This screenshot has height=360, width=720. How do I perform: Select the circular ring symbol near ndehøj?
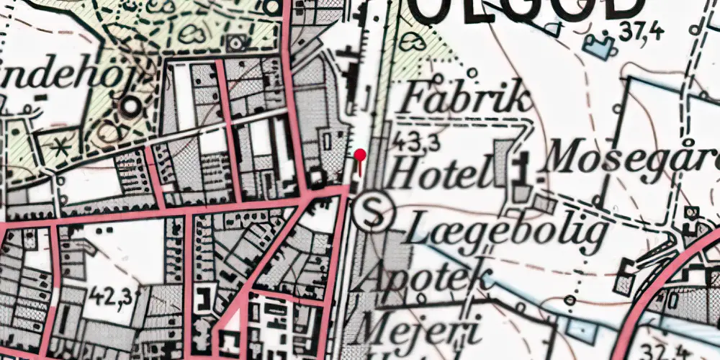coord(131,107)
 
